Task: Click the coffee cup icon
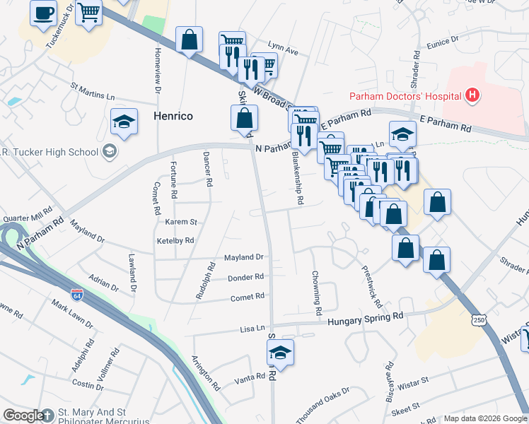(x=44, y=13)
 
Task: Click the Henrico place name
(x=174, y=115)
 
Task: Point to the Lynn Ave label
(x=284, y=52)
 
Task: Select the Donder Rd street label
(x=245, y=277)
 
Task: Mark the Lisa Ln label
(x=252, y=329)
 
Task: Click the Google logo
(x=24, y=416)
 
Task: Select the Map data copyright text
(x=484, y=418)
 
